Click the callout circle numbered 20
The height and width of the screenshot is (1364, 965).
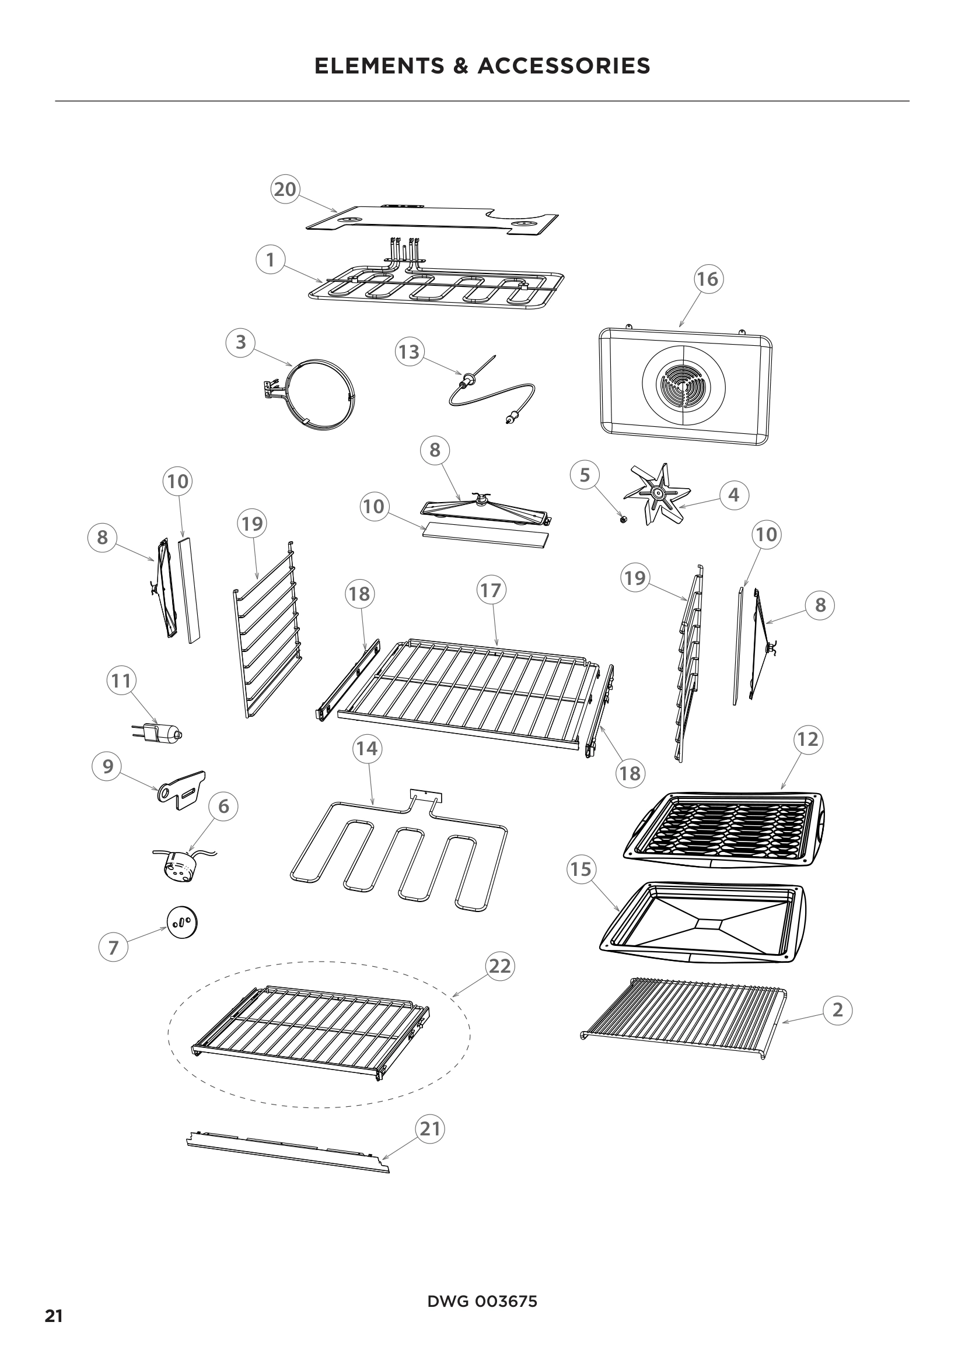click(285, 189)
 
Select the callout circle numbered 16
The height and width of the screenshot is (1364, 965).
click(708, 279)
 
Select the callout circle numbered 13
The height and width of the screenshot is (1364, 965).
click(410, 352)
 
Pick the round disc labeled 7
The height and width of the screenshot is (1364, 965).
click(182, 923)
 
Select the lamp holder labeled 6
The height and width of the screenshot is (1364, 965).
click(178, 865)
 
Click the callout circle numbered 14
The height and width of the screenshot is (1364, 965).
click(367, 749)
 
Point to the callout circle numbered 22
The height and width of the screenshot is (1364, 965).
click(500, 966)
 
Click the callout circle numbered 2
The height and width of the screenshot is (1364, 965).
click(838, 1009)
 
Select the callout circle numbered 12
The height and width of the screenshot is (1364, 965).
click(807, 739)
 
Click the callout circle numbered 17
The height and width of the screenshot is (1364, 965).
click(491, 591)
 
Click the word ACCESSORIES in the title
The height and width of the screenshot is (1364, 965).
click(564, 66)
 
